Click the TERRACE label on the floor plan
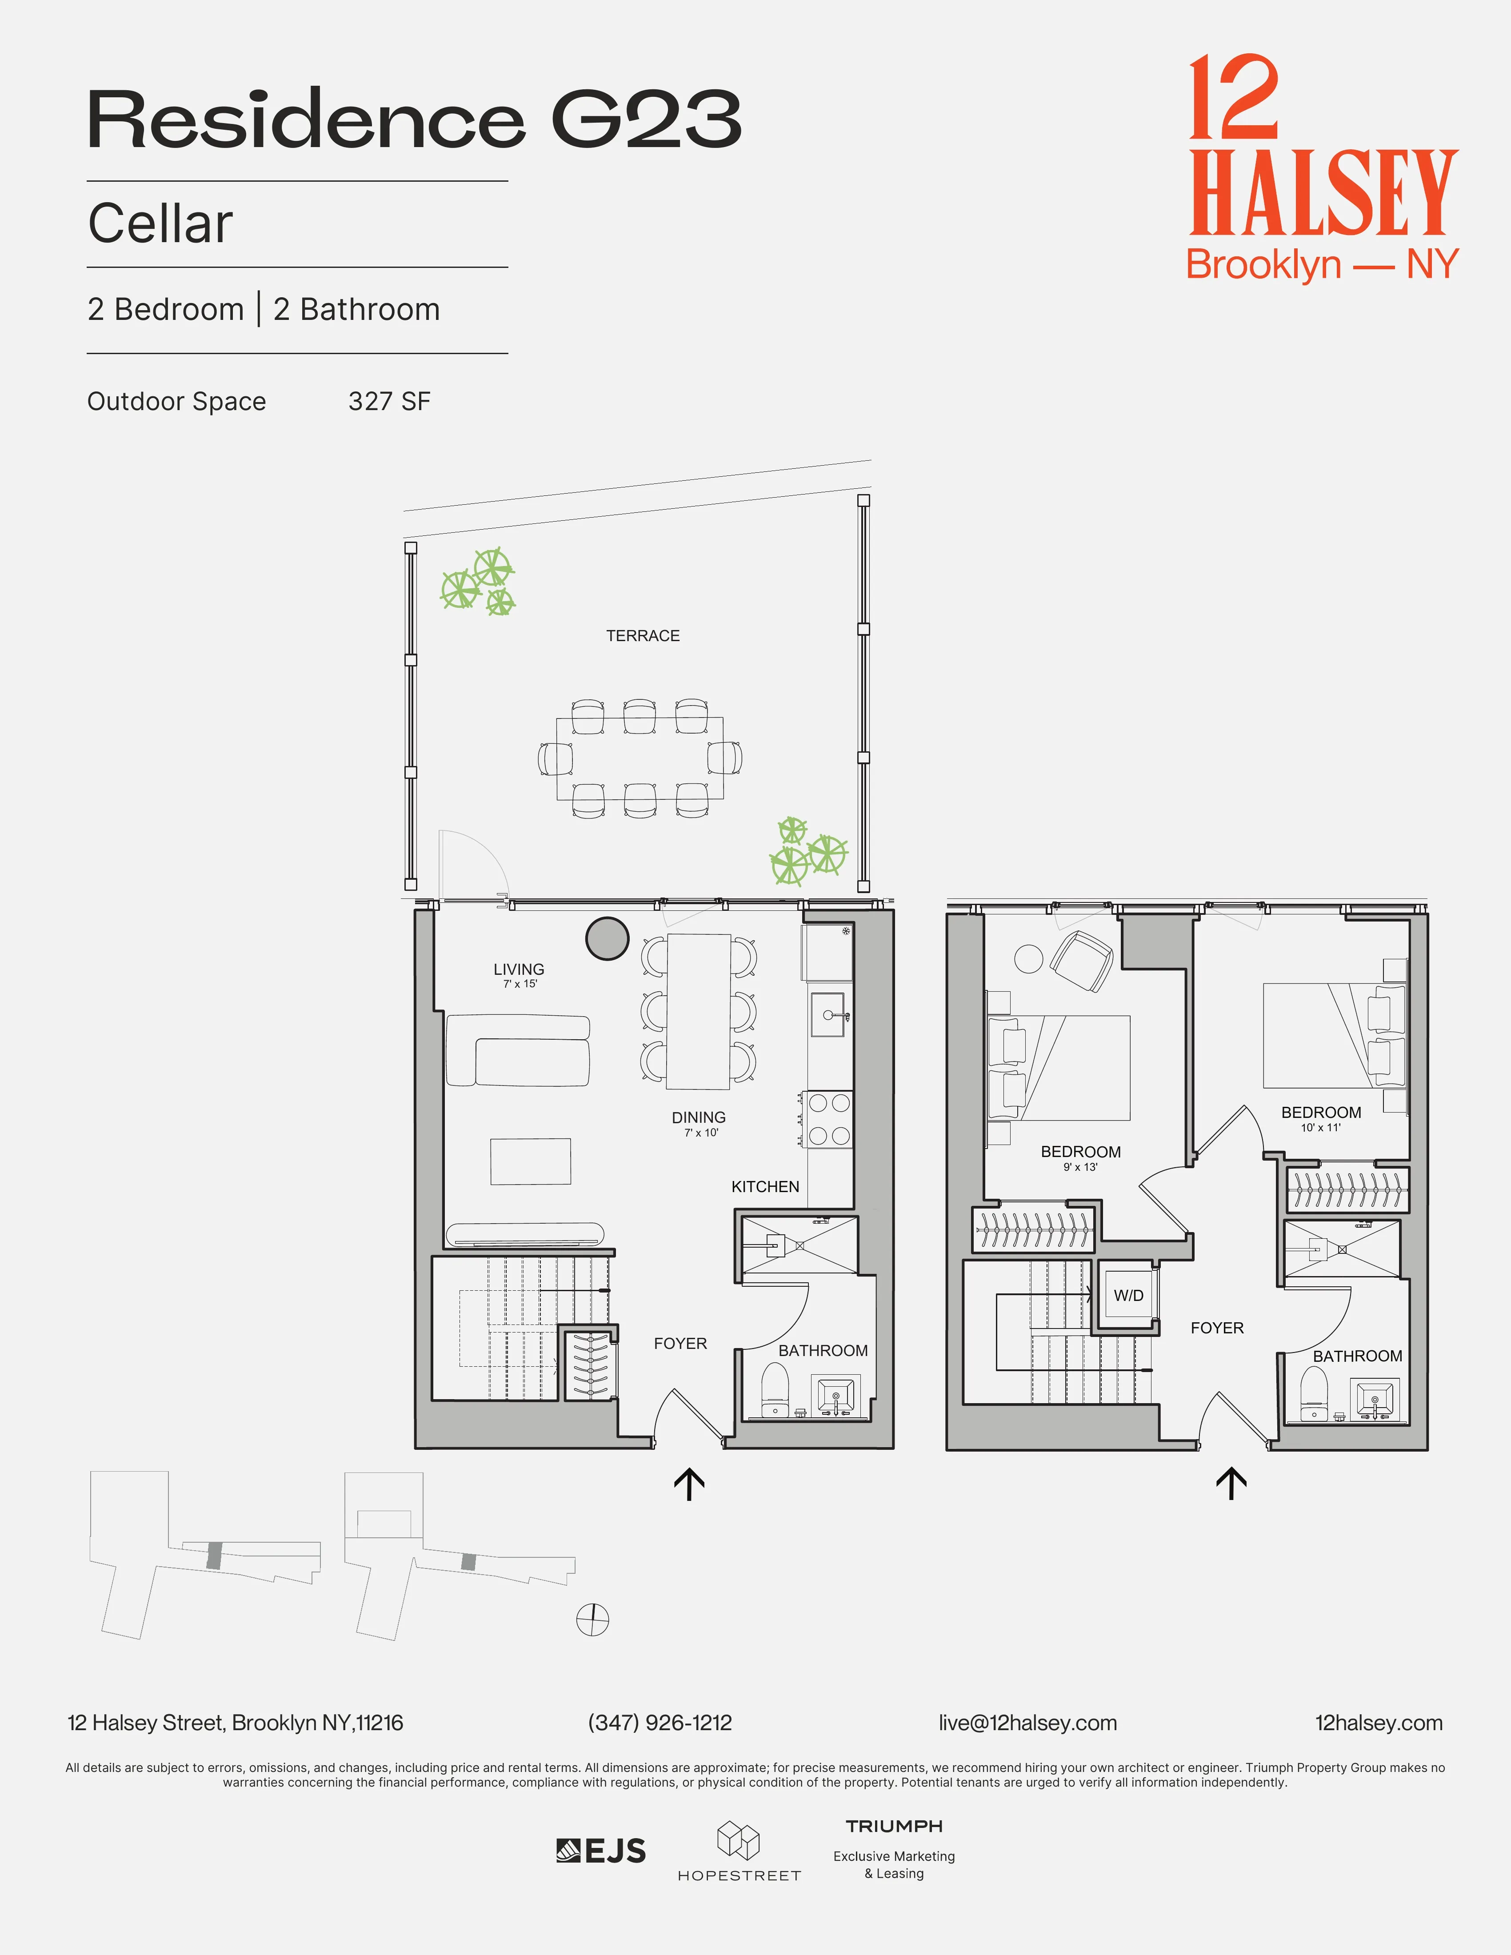[x=643, y=635]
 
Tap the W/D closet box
[x=1128, y=1295]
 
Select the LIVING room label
[x=518, y=970]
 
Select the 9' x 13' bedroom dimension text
[x=1080, y=1167]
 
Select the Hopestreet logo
[x=739, y=1851]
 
